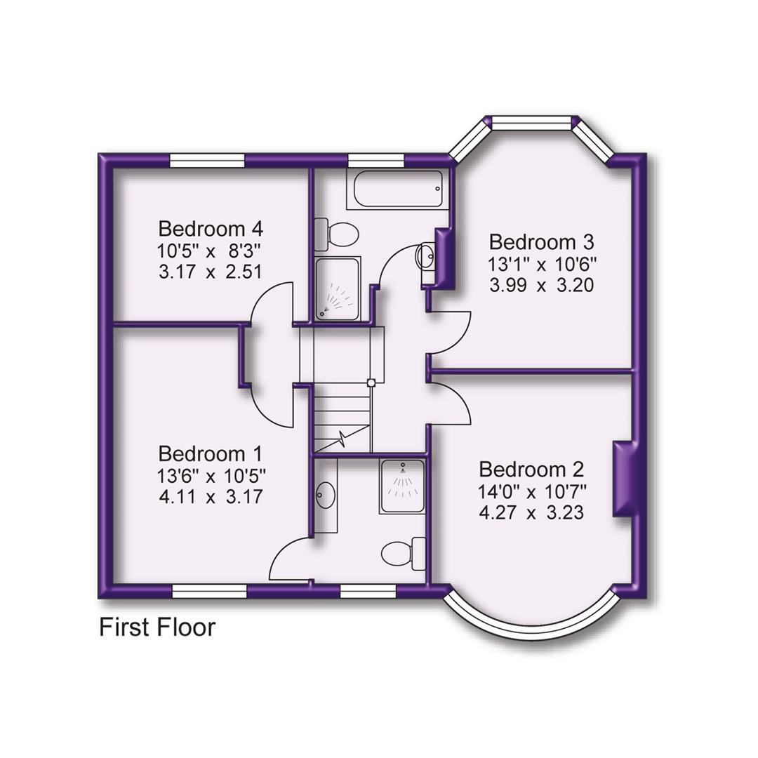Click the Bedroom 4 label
pos(211,229)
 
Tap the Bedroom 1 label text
pos(211,453)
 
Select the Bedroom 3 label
pos(542,242)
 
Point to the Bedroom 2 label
pos(531,469)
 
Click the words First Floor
pos(157,627)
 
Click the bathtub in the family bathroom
pos(394,189)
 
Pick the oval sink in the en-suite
pos(326,496)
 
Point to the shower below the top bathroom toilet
pos(338,288)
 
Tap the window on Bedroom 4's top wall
pos(208,161)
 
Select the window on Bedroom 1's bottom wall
pos(208,591)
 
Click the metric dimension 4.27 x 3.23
pos(531,513)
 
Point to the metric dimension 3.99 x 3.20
pos(542,286)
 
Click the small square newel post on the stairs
pos(371,383)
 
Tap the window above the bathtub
pos(376,161)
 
